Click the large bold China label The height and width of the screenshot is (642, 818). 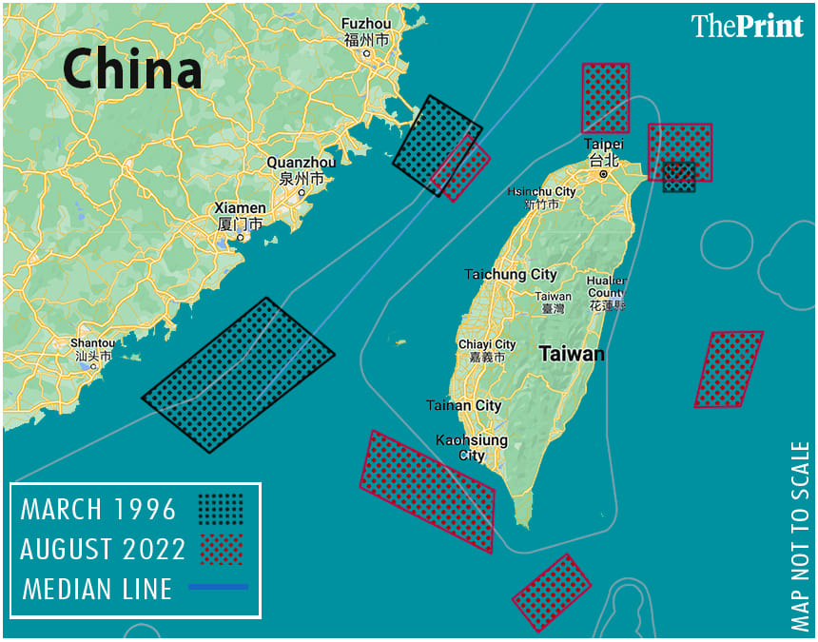click(132, 70)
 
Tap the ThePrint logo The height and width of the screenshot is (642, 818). click(747, 26)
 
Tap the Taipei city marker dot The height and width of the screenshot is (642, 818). click(603, 175)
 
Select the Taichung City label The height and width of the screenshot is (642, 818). click(511, 275)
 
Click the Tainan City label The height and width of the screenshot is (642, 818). click(464, 405)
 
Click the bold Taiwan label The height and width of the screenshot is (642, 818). click(571, 355)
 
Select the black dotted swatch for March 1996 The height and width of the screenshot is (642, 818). click(221, 509)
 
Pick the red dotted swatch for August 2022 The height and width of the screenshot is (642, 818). click(221, 549)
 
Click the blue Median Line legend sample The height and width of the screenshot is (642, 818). click(218, 587)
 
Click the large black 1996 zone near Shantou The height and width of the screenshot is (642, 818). click(239, 374)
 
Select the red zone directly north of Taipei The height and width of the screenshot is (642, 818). click(606, 98)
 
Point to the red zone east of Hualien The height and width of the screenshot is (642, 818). click(730, 369)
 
